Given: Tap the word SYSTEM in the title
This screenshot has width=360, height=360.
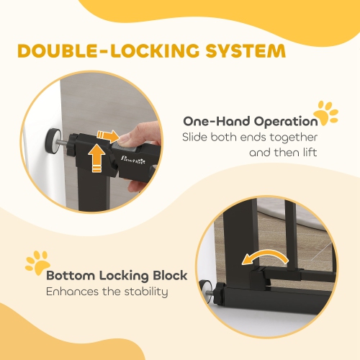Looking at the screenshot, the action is [x=246, y=50].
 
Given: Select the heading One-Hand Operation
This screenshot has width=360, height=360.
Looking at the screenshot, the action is [x=251, y=122].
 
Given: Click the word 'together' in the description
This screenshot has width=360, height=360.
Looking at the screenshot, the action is [x=294, y=138].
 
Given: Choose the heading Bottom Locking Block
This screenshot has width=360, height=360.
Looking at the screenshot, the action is [x=117, y=276].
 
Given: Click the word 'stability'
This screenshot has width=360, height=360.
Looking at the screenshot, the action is [x=146, y=292].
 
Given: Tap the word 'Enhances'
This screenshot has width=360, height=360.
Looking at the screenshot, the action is [x=72, y=292].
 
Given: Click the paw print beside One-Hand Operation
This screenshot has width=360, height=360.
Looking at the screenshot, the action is [x=326, y=113].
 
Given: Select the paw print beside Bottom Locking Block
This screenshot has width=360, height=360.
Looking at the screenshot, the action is [x=37, y=263].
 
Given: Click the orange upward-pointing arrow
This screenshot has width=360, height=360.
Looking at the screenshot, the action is [x=96, y=158].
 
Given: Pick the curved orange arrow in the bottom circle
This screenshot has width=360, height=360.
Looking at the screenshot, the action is [x=265, y=256].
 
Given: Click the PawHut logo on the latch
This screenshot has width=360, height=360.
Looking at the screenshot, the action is [x=133, y=159].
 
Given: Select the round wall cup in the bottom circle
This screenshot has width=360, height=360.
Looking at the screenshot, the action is [x=206, y=292].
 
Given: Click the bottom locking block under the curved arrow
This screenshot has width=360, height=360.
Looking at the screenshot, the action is [x=258, y=278].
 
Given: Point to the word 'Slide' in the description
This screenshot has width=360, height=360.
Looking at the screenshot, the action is [x=194, y=138].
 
